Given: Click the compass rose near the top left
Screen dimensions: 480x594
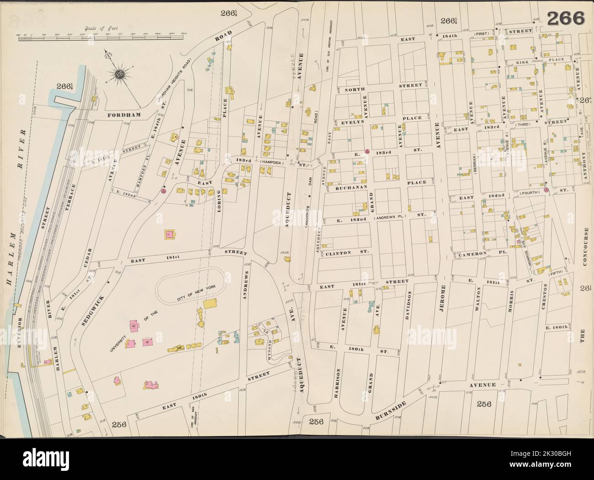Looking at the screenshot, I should [120, 75].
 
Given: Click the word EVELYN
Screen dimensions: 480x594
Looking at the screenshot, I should [352, 123].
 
